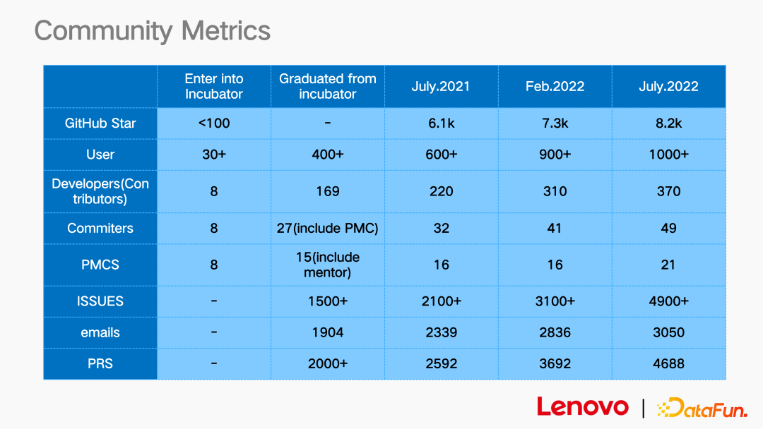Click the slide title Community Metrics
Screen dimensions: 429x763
(152, 31)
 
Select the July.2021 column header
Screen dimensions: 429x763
(441, 87)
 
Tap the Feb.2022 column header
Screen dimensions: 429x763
(555, 87)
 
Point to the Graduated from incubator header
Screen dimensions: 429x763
(327, 86)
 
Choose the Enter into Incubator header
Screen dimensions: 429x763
(214, 86)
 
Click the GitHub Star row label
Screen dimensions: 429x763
(100, 123)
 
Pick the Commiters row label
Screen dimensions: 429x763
(100, 228)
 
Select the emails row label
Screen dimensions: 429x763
(100, 332)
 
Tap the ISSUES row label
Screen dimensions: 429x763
(100, 301)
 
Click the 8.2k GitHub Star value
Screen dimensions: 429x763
(668, 123)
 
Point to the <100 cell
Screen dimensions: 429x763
(214, 123)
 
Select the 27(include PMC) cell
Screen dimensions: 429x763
(327, 228)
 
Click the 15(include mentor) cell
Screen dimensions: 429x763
(327, 265)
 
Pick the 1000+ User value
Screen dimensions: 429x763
(668, 155)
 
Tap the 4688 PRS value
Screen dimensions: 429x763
(668, 364)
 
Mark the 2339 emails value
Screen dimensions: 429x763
(441, 332)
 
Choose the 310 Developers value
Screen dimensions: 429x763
(555, 191)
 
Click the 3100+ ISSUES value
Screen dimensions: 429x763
(555, 301)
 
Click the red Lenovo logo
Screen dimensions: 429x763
(582, 406)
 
